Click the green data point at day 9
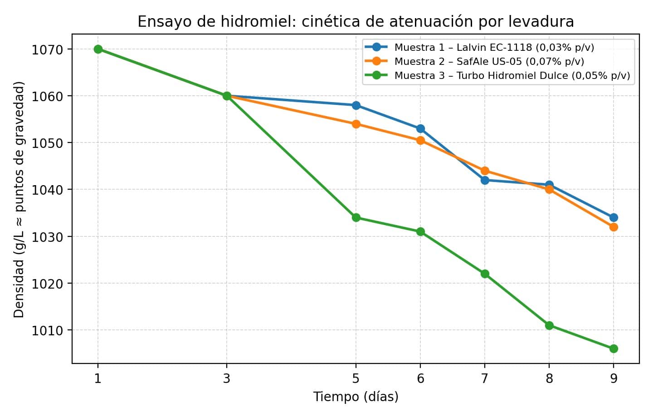(x=614, y=348)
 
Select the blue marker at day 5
(x=356, y=105)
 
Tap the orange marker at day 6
(x=420, y=140)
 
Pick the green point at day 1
(x=98, y=49)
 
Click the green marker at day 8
(x=549, y=325)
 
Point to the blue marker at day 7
(x=485, y=180)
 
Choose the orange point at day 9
(x=614, y=227)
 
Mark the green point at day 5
(x=356, y=217)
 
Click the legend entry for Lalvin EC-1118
(x=494, y=47)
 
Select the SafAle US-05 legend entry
(x=489, y=61)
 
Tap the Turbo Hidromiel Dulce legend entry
(x=512, y=75)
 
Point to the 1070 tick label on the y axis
(x=47, y=49)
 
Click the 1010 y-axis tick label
(x=47, y=330)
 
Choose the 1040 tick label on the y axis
(x=47, y=190)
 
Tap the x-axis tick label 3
(x=227, y=378)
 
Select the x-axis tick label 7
(x=485, y=378)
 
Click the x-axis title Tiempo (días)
(x=356, y=397)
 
